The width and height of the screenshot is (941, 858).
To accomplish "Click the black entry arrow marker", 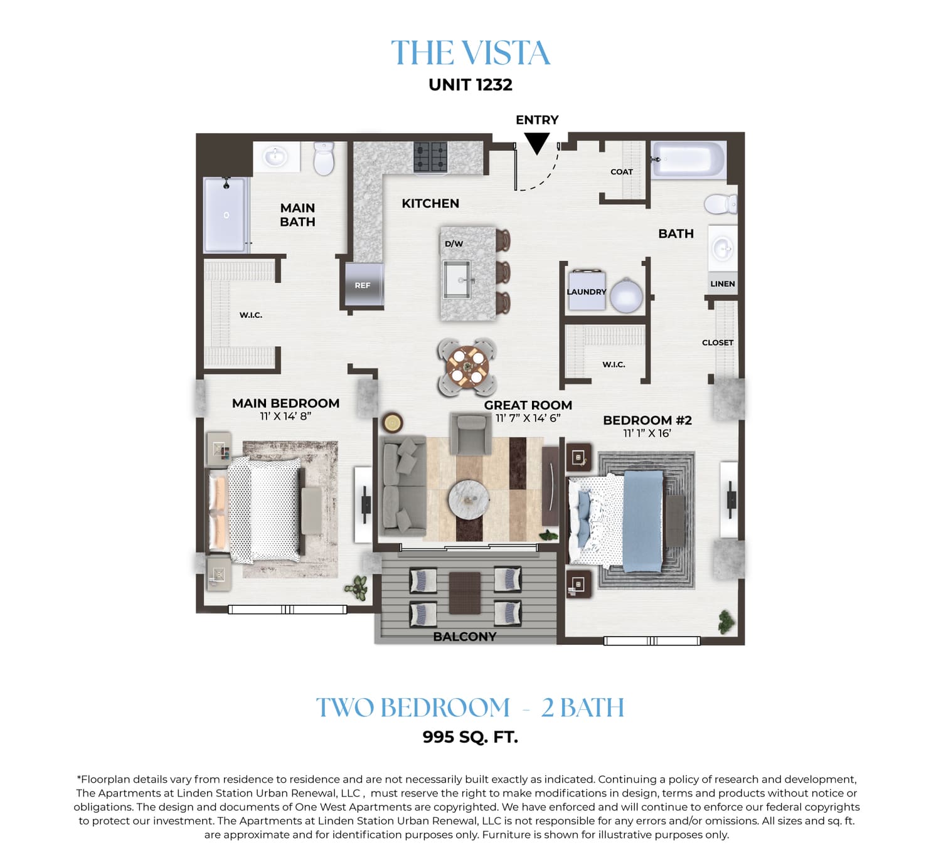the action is point(536,143).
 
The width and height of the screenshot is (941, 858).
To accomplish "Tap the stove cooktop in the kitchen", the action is point(430,157).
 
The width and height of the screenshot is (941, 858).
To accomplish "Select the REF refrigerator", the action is point(362,284).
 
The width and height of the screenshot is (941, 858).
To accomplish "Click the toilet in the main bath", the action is point(324,158).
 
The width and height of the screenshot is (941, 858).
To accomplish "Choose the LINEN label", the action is point(723,284).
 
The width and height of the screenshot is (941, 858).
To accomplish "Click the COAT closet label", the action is point(622,172).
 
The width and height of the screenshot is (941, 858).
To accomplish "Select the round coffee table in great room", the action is point(469,499).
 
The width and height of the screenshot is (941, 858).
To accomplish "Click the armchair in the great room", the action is point(470,434).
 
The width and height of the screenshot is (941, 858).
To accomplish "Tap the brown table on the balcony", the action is point(464,593).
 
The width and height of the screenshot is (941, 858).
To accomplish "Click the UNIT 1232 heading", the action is point(470,85).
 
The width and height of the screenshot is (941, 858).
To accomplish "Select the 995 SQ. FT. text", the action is point(470,737).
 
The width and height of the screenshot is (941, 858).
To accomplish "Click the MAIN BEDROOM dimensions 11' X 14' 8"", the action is point(285,416).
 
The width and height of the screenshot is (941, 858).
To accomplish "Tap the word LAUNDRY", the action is point(587,292).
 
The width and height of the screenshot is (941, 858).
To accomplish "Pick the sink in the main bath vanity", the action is point(276,156).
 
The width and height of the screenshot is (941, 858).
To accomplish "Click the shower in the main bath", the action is point(226,215).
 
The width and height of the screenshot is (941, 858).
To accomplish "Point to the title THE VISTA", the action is point(470,53).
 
